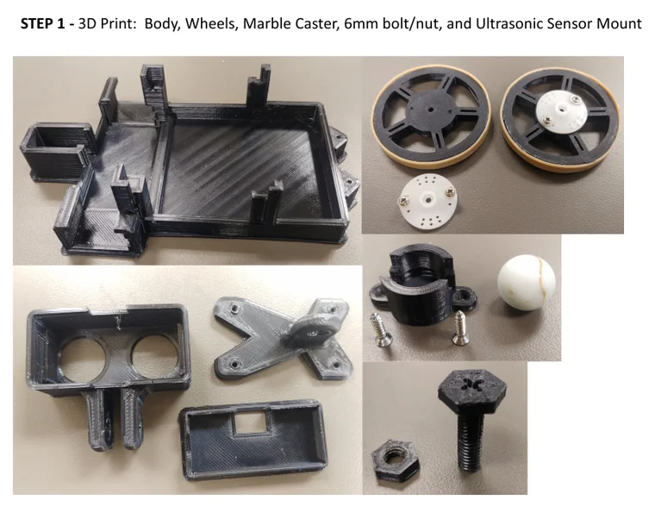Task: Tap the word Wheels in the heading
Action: tap(212, 23)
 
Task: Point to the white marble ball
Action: tap(527, 283)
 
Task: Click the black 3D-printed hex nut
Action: tap(395, 461)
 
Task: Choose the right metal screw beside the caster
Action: tap(458, 328)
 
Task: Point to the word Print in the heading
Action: tap(118, 23)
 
